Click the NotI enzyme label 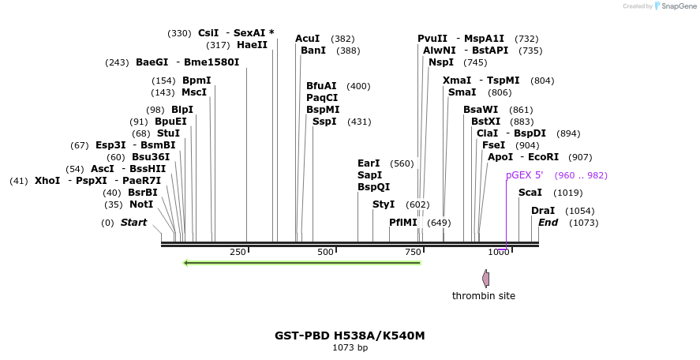(x=141, y=204)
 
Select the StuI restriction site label (x=168, y=133)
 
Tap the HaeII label (x=253, y=45)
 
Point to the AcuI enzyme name (x=308, y=39)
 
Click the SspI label (x=324, y=122)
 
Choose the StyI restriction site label (x=384, y=204)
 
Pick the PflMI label (x=403, y=223)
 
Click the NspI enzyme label (x=441, y=62)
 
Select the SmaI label (x=462, y=92)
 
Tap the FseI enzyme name (x=493, y=145)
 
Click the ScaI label (x=530, y=193)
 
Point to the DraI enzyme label (x=543, y=211)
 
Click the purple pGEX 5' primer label (x=525, y=175)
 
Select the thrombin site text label (x=484, y=296)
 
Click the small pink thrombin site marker (x=486, y=278)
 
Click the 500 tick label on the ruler (x=325, y=252)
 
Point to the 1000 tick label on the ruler (x=499, y=252)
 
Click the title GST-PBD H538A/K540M (x=350, y=336)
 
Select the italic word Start (x=133, y=223)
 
